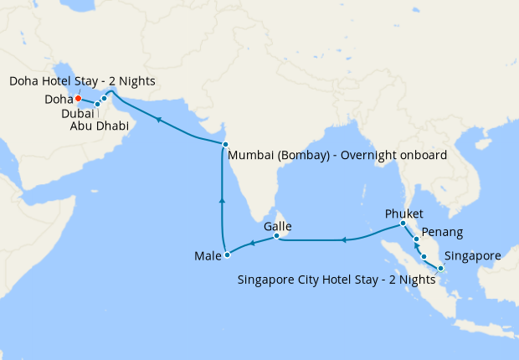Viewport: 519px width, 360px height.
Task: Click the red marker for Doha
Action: (78, 99)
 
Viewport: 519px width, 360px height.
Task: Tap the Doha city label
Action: (59, 100)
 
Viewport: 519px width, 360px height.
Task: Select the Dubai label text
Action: (78, 113)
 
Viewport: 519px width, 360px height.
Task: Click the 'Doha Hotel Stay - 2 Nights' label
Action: (81, 80)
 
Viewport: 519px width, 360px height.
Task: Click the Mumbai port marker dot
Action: (225, 145)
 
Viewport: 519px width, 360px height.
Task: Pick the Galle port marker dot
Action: (275, 238)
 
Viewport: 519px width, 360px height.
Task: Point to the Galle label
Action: (277, 226)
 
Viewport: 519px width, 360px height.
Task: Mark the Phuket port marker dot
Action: (403, 224)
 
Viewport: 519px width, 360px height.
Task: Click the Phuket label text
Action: (403, 213)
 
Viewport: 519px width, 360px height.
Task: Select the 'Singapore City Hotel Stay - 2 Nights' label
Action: (337, 280)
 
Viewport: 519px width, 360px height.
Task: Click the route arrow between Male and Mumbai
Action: (222, 201)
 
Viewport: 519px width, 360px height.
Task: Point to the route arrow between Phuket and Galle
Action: (343, 240)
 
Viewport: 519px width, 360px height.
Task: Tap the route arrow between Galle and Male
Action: (253, 245)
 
